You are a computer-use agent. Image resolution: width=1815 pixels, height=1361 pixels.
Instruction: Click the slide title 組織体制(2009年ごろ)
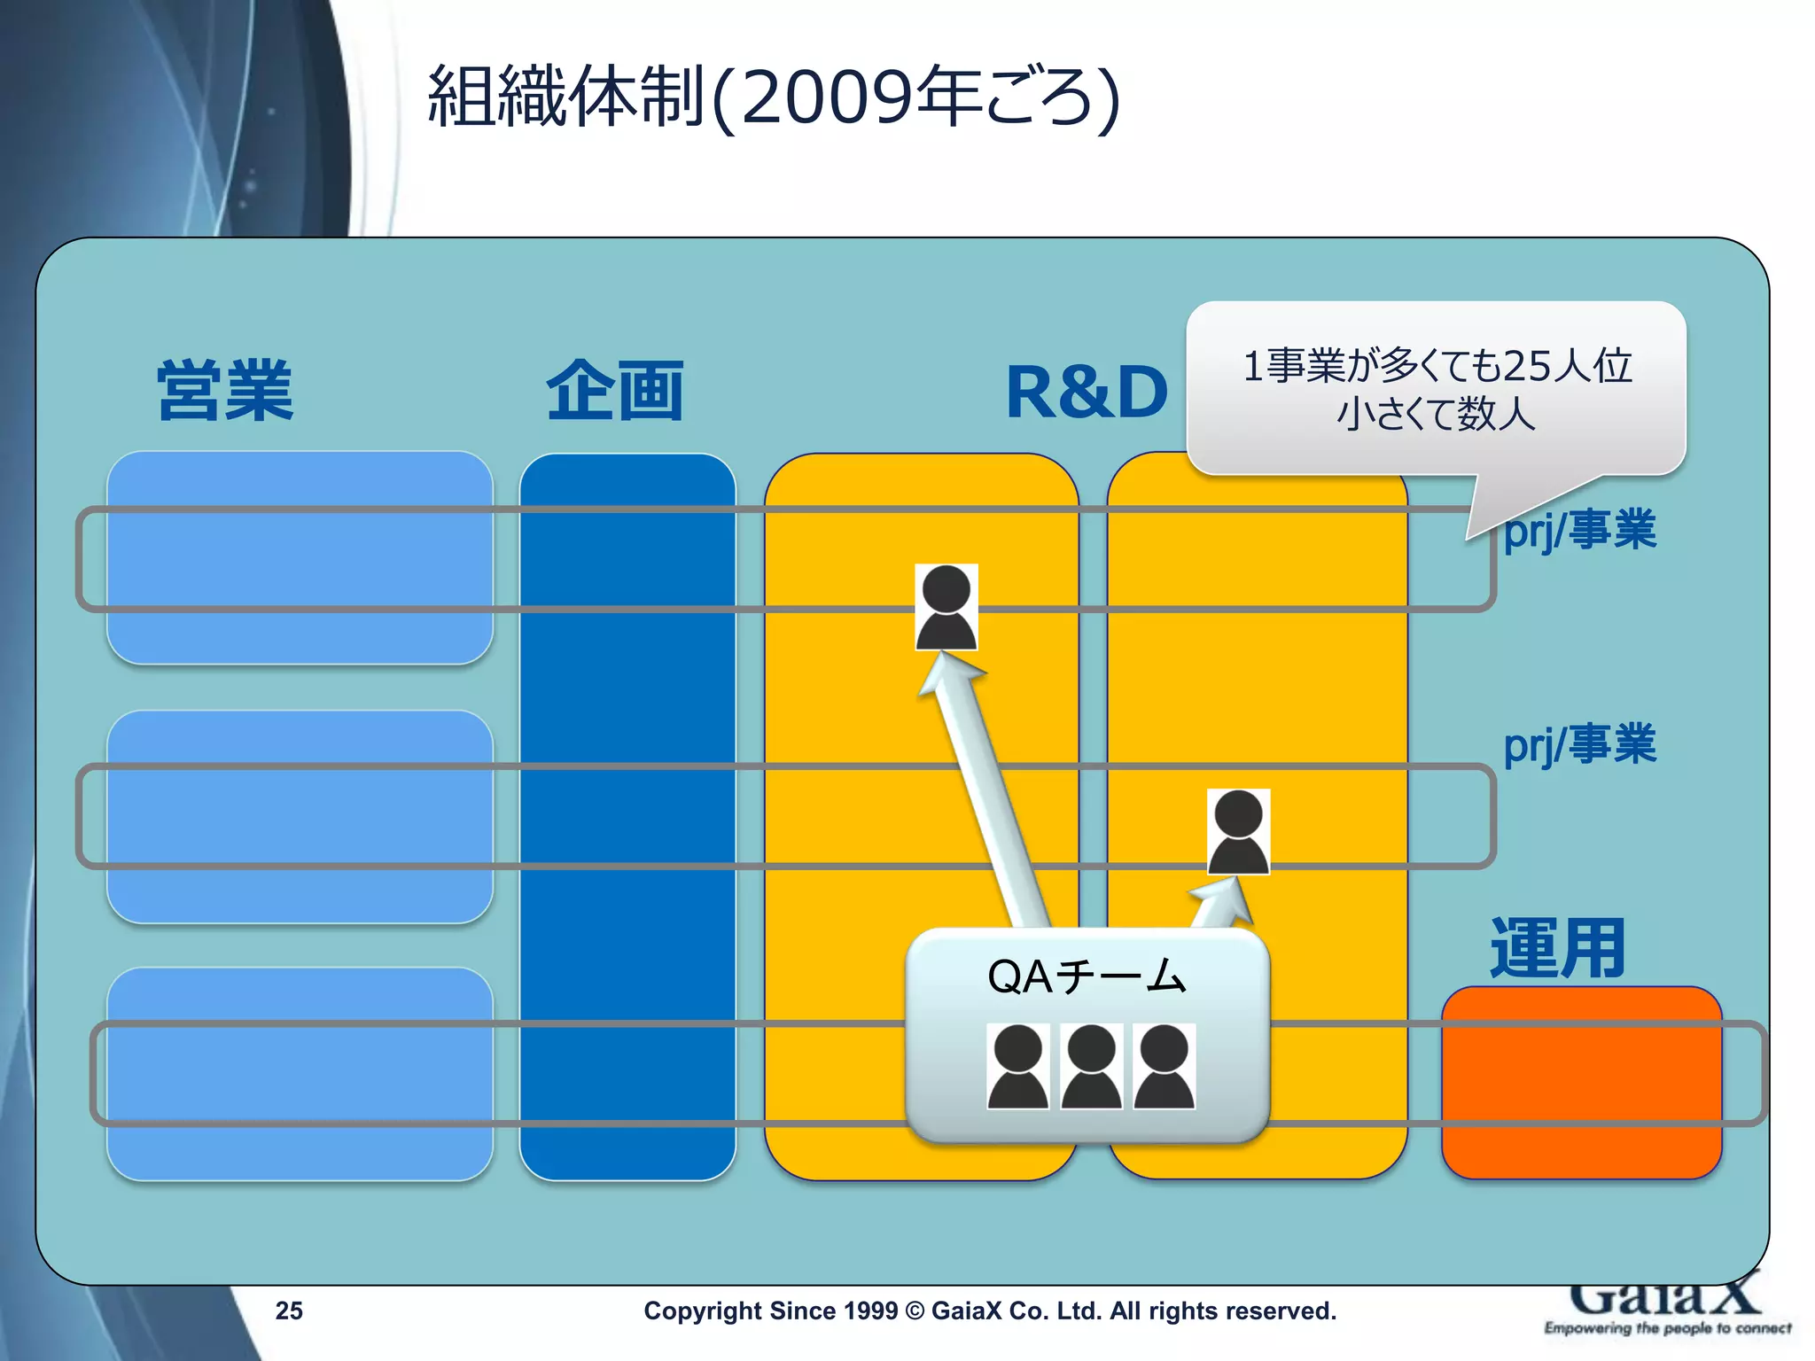click(773, 97)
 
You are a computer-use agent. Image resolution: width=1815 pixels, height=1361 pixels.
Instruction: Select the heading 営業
click(225, 391)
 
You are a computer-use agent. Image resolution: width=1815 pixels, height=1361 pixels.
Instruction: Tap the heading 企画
click(614, 391)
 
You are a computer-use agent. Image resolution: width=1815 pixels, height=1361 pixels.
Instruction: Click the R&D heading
click(1087, 393)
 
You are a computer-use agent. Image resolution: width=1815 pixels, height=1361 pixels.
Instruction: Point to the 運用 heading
click(1557, 949)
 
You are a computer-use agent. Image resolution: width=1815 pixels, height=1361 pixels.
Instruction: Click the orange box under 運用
click(1581, 1083)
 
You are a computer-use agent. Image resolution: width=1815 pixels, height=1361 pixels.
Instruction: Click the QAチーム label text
click(1087, 976)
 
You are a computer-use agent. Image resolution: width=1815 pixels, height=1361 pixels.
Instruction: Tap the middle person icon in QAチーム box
click(1091, 1066)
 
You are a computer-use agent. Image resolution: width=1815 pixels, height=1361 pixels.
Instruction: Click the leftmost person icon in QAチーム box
click(1018, 1066)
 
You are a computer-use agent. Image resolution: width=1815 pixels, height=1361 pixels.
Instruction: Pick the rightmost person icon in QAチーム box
click(1164, 1066)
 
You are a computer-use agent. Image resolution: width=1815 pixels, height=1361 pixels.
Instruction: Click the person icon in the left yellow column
click(946, 607)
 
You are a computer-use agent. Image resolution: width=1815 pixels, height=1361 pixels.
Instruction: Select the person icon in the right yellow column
click(1238, 831)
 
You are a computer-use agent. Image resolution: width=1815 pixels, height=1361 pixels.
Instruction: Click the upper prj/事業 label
click(1579, 531)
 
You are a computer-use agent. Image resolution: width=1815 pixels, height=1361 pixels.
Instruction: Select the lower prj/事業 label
click(1579, 744)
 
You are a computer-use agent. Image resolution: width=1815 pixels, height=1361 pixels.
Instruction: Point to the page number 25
click(289, 1310)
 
